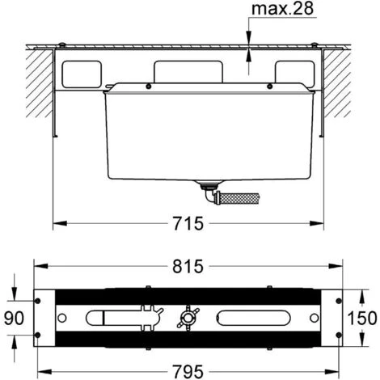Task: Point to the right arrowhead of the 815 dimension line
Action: [343, 267]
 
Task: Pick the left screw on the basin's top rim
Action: [148, 86]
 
